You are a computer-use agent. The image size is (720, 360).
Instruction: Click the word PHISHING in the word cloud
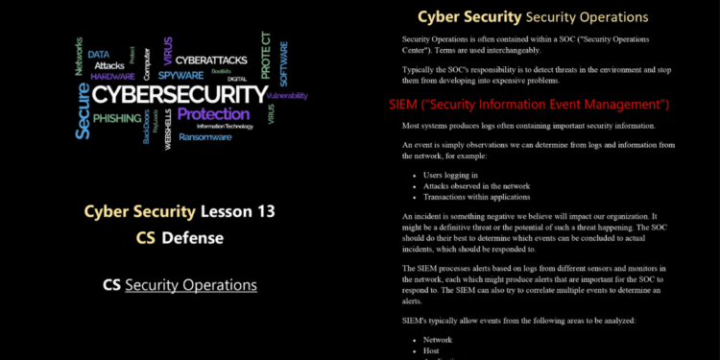tap(116, 117)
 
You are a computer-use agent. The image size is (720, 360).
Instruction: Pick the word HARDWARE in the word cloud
tap(113, 76)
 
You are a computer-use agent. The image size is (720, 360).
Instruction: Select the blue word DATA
tap(99, 55)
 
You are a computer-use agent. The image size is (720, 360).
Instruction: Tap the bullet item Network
tap(439, 340)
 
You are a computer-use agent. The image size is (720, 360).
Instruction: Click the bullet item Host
tap(432, 350)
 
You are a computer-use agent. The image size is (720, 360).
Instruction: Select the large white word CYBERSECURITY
tap(180, 94)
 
